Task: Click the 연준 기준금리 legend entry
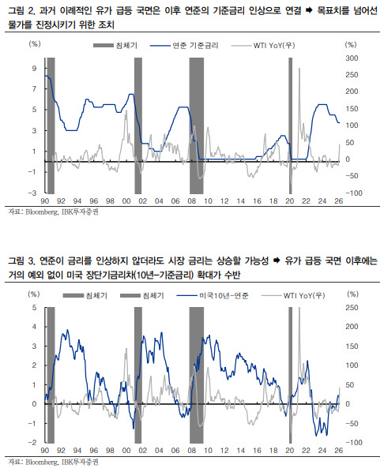184,46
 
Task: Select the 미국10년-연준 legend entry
213,296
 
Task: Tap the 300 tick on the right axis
352,58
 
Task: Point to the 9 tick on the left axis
34,69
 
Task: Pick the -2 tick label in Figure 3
32,442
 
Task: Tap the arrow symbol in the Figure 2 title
309,11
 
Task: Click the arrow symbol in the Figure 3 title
277,260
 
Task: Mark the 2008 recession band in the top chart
197,125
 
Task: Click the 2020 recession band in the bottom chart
290,375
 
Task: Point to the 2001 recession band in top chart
137,125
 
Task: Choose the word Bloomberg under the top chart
42,212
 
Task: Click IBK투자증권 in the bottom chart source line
80,462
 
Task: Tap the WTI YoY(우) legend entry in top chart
263,46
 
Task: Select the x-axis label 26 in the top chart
339,200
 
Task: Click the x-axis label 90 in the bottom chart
44,451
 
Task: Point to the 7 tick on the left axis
34,89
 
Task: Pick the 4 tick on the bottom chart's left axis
34,327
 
